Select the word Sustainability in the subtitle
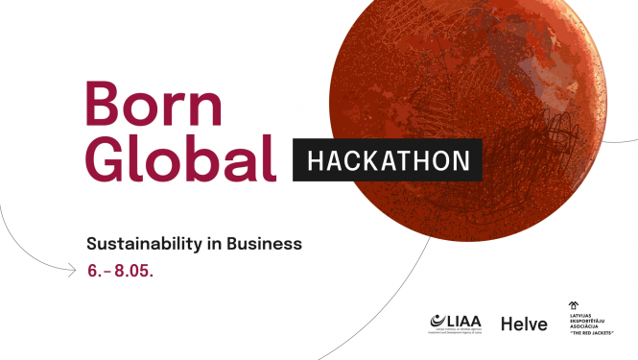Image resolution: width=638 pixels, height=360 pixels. pyautogui.click(x=143, y=244)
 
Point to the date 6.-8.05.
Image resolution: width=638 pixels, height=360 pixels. pyautogui.click(x=120, y=270)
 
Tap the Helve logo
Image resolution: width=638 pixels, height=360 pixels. pyautogui.click(x=524, y=324)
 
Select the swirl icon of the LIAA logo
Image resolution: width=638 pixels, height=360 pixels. pyautogui.click(x=437, y=322)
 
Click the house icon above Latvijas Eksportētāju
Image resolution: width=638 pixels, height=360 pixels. pyautogui.click(x=574, y=305)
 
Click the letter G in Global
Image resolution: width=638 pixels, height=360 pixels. pyautogui.click(x=105, y=159)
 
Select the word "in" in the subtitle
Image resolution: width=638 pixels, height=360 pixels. pyautogui.click(x=214, y=244)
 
